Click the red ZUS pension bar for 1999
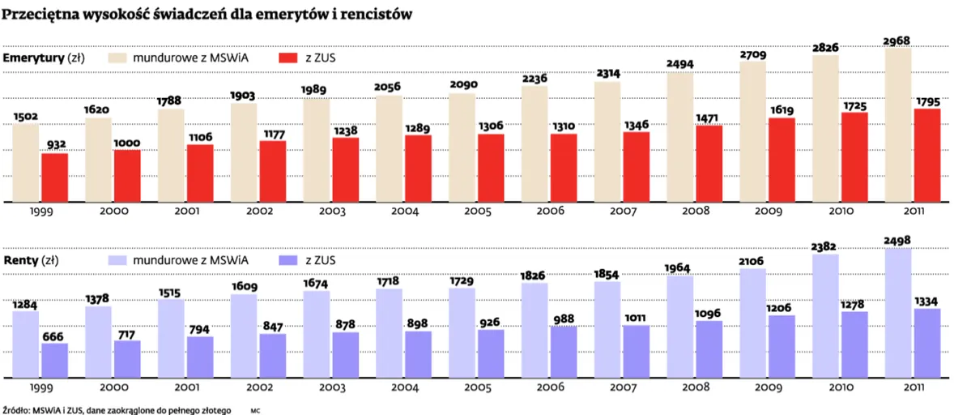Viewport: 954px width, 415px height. coord(54,178)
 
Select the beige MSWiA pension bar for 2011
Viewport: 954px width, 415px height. coord(898,126)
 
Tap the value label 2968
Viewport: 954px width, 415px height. coord(898,40)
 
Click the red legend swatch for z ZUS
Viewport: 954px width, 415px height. coord(289,58)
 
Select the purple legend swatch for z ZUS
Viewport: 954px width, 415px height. coord(289,260)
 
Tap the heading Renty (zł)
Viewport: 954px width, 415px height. coord(31,260)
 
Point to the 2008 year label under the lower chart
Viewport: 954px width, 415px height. coord(696,388)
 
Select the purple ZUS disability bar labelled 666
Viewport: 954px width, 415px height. coord(54,360)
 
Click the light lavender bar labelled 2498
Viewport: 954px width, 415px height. coord(898,313)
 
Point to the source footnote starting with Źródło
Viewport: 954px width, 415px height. coord(117,410)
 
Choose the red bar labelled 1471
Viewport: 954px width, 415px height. coord(709,164)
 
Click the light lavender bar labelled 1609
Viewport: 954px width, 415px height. coord(244,336)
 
